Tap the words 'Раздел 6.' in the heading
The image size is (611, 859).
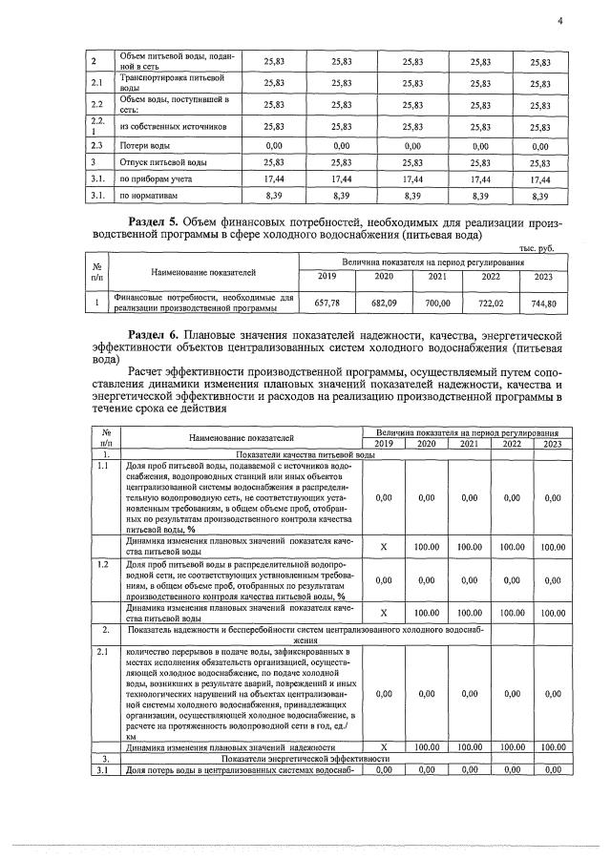(158, 336)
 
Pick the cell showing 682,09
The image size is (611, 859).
(384, 303)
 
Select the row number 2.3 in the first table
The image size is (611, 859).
(96, 146)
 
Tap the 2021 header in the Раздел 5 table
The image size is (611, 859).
(437, 277)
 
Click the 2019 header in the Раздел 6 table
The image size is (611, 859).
(384, 444)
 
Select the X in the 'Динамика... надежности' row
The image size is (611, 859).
(384, 746)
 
